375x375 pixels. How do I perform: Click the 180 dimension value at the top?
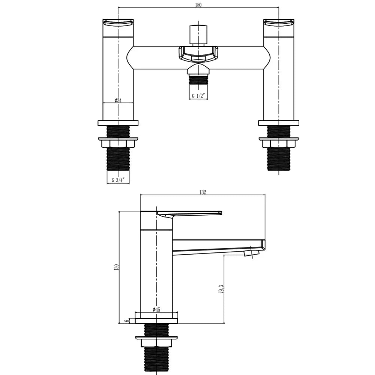coord(198,5)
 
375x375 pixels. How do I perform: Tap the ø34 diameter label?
coord(118,100)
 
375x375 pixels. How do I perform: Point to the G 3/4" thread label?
coord(118,180)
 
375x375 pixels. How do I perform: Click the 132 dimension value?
coord(202,192)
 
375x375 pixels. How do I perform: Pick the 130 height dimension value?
coord(117,267)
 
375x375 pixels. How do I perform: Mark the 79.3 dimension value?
coord(222,289)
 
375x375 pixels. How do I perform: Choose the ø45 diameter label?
coord(156,310)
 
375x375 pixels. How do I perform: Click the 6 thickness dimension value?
coord(127,321)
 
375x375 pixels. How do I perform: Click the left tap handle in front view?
coord(118,28)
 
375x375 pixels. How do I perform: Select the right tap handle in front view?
coord(279,28)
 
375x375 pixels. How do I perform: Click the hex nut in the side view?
coord(156,342)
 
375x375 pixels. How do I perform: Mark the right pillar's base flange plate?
coord(279,123)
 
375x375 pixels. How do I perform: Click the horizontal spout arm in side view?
coord(217,246)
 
